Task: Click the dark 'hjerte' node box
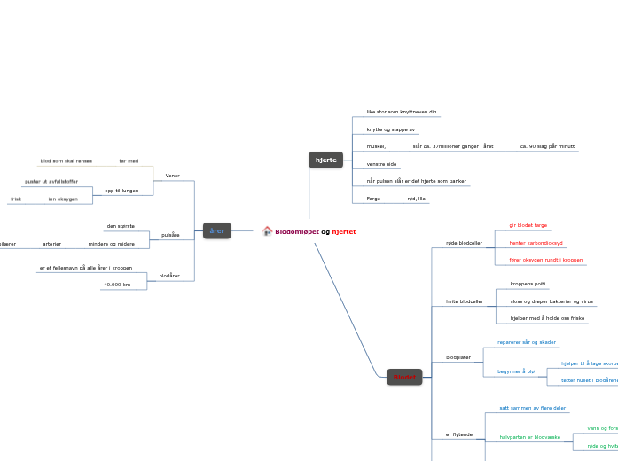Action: tap(326, 160)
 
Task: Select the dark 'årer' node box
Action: tap(216, 230)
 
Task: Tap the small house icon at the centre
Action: tap(267, 231)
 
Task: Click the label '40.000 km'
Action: tap(116, 285)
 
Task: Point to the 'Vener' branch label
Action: tap(172, 176)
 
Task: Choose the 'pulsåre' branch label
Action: tap(170, 235)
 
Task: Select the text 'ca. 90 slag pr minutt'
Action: tap(547, 145)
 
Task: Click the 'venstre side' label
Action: tap(381, 164)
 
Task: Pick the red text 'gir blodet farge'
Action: tap(528, 225)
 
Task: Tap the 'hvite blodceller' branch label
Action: tap(464, 301)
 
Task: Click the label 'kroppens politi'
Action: tap(528, 284)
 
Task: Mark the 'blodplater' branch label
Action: tap(458, 357)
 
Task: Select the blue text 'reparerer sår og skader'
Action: tap(527, 342)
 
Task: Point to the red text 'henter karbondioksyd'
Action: tap(536, 242)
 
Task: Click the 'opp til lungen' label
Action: tap(121, 191)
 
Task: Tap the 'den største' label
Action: tap(121, 226)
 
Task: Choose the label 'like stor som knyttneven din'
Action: tap(402, 112)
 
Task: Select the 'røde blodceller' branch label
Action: tap(464, 242)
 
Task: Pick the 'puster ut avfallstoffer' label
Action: tap(51, 181)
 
